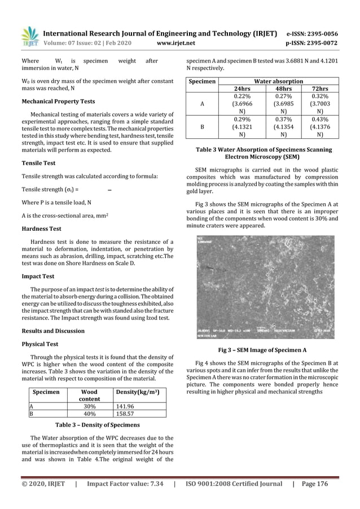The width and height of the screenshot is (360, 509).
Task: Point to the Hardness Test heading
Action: point(41,229)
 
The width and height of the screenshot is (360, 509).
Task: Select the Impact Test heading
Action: point(38,277)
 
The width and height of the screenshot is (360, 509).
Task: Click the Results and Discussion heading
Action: point(52,331)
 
